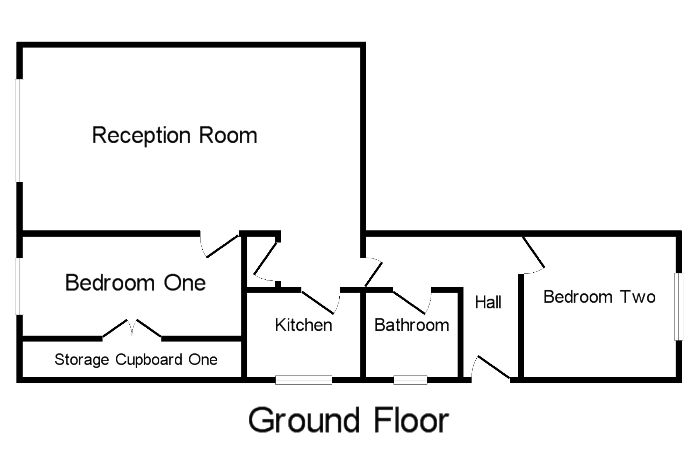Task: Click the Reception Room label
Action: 175,136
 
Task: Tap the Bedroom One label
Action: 136,282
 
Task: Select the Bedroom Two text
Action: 599,297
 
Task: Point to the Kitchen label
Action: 303,325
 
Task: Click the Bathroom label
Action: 412,325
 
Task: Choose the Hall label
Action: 488,302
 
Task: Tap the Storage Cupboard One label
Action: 136,360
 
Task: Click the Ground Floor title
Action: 348,420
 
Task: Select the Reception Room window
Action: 20,130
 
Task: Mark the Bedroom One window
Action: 20,286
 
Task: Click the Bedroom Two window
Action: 679,307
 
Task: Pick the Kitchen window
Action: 304,380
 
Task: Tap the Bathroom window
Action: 410,380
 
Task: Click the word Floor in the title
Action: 411,420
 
